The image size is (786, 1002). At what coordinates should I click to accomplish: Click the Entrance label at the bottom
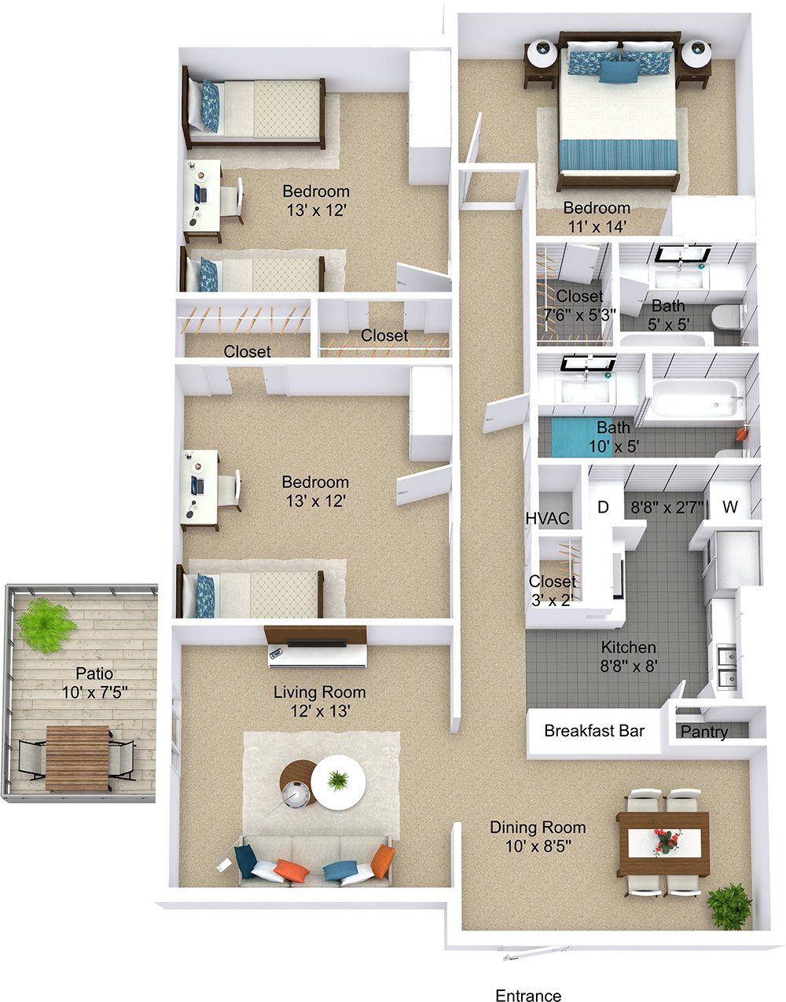[528, 996]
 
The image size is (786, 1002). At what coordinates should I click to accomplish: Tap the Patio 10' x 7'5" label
[94, 683]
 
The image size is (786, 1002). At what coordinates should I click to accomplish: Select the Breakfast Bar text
[594, 731]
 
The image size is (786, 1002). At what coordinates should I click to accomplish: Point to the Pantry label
[703, 732]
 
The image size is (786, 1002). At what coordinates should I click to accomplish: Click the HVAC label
[547, 518]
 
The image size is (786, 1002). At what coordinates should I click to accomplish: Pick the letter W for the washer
[730, 507]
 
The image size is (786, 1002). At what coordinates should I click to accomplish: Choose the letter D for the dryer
[603, 507]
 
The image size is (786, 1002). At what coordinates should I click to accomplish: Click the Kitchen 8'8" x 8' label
[629, 656]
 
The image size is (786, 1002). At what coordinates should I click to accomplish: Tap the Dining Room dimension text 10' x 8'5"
[538, 846]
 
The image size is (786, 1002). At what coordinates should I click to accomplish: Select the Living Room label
[319, 692]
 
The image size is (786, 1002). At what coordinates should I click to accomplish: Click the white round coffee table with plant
[338, 783]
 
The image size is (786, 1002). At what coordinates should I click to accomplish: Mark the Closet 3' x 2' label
[552, 589]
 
